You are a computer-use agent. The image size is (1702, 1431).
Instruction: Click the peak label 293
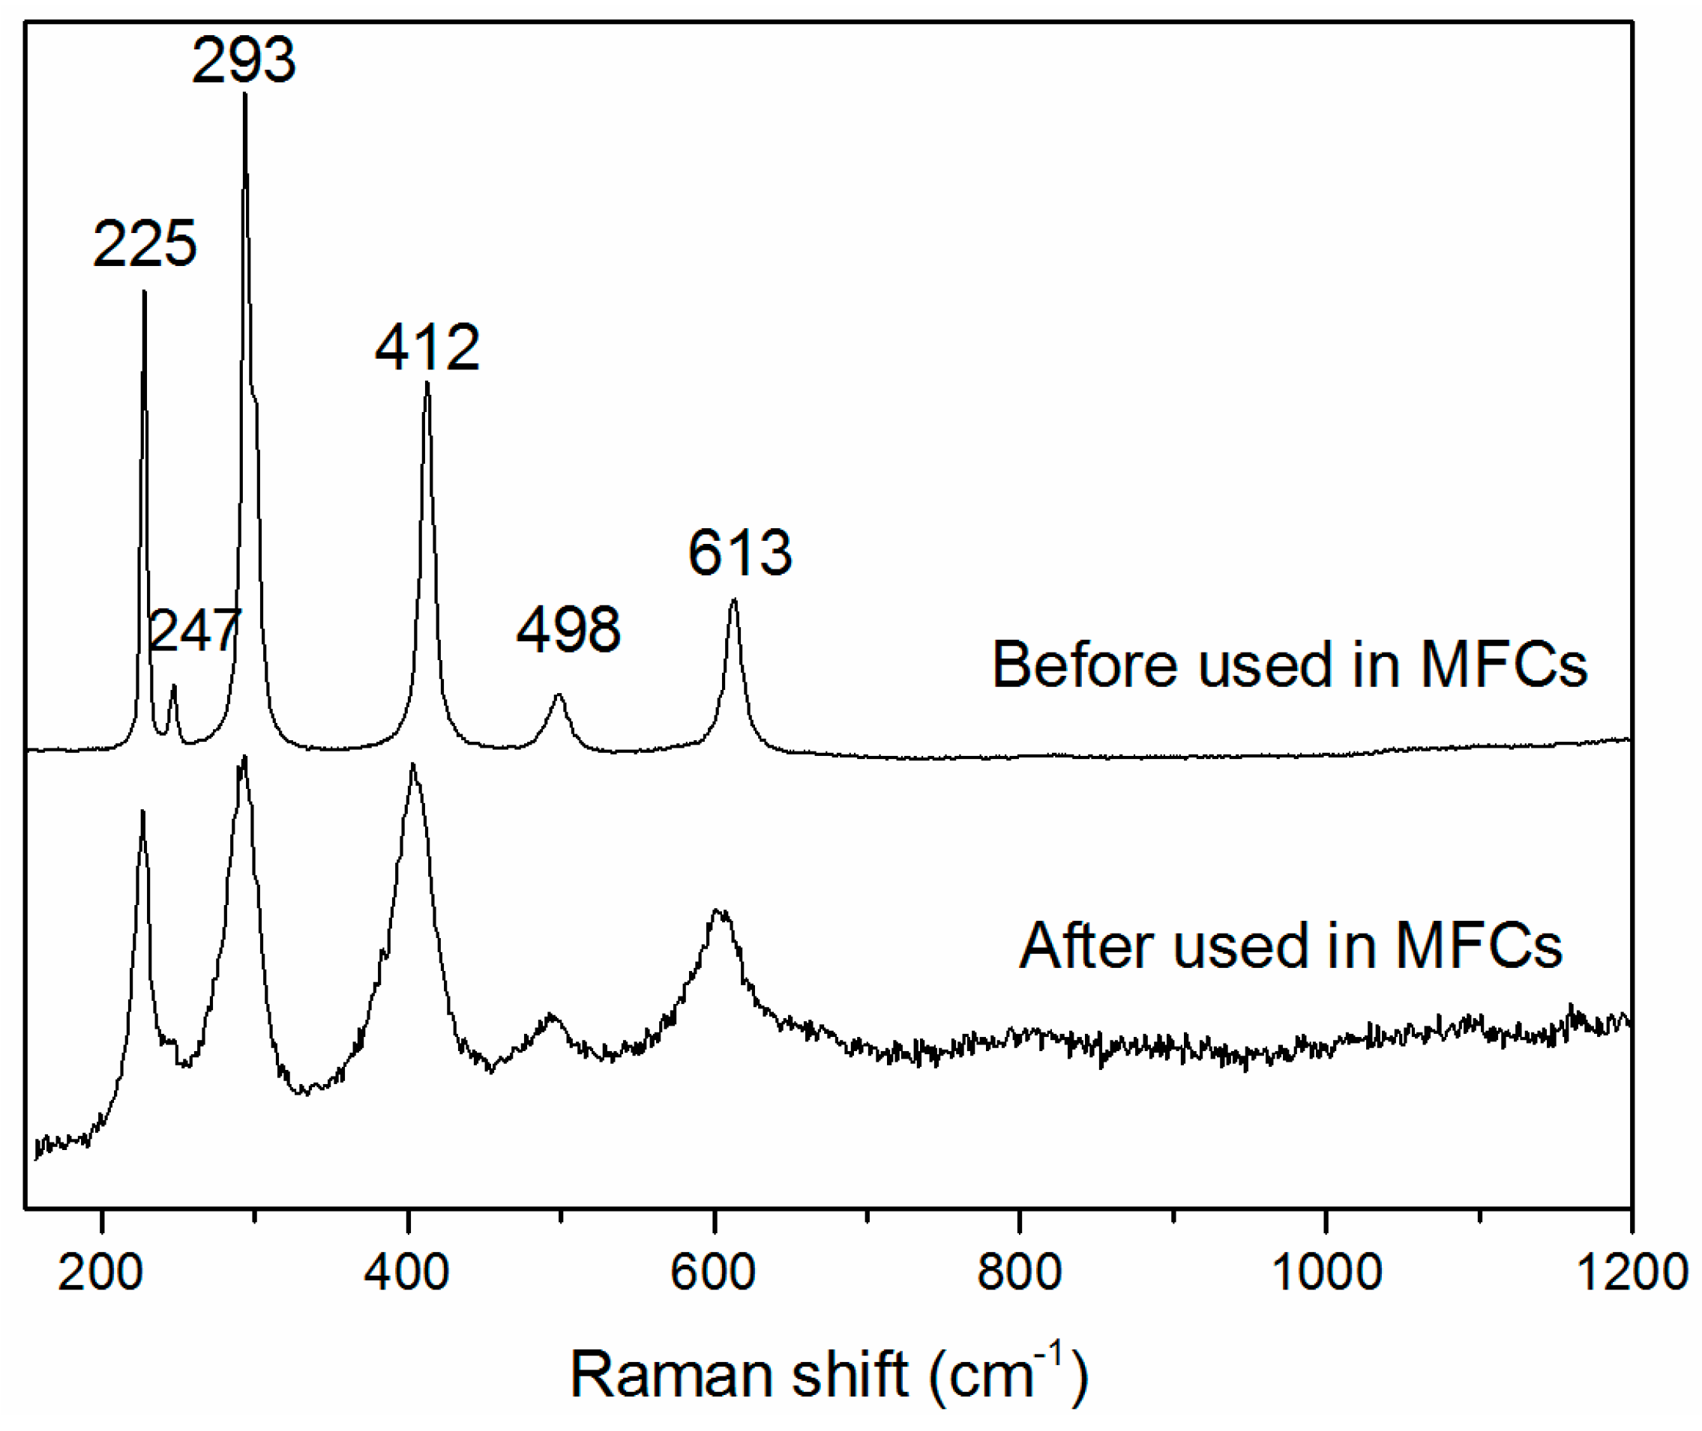click(x=244, y=61)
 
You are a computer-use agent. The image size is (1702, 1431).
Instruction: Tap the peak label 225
click(x=145, y=243)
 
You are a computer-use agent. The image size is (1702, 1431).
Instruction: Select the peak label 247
click(x=196, y=630)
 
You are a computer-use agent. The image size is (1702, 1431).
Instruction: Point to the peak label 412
click(x=427, y=347)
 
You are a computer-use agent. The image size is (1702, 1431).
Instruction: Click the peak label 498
click(x=568, y=629)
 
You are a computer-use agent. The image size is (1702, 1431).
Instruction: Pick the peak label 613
click(x=739, y=552)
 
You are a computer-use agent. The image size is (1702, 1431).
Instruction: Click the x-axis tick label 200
click(x=100, y=1271)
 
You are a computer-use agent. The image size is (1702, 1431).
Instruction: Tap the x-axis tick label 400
click(x=406, y=1271)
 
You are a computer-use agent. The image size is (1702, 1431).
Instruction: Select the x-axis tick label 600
click(x=712, y=1271)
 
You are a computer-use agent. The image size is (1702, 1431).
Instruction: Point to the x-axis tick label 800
click(x=1019, y=1271)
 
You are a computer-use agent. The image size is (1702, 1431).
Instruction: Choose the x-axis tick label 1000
click(x=1326, y=1271)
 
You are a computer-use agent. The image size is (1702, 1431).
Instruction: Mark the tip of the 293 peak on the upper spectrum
click(x=245, y=94)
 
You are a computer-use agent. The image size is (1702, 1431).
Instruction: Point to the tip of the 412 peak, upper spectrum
click(x=427, y=383)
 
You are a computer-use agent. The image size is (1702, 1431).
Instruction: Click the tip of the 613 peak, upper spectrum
click(x=734, y=600)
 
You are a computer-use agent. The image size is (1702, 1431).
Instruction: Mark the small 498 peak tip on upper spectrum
click(x=559, y=695)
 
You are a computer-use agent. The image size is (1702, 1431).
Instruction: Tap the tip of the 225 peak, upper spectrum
click(x=145, y=291)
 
